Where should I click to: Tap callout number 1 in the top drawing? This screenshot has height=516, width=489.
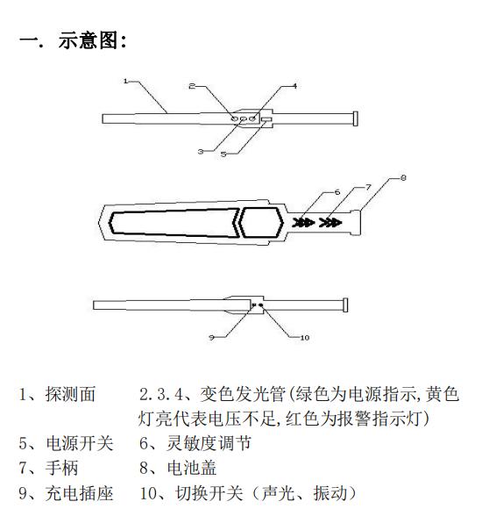(125, 81)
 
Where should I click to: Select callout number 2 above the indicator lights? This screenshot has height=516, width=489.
(192, 86)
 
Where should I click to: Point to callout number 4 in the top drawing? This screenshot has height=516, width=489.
(294, 86)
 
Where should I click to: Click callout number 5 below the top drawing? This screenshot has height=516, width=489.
(223, 154)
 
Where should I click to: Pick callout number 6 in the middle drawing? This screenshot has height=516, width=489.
(337, 192)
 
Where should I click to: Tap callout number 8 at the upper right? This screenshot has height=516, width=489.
(403, 177)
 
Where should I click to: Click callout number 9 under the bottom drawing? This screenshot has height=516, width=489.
(212, 337)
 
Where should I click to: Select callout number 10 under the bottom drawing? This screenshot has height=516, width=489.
(305, 338)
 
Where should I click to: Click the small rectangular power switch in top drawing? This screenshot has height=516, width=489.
(266, 118)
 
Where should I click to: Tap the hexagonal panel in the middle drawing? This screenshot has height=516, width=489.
(261, 223)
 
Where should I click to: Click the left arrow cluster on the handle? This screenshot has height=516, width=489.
(303, 223)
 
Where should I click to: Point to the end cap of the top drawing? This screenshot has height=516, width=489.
(355, 118)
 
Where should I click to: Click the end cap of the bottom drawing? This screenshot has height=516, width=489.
(345, 305)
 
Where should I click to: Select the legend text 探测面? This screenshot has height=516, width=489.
(70, 394)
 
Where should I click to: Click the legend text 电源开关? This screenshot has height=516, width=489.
(80, 443)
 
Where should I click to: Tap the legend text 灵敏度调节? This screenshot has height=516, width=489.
(209, 443)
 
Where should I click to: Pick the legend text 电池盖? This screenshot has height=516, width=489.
(192, 468)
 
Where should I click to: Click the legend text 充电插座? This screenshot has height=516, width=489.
(80, 493)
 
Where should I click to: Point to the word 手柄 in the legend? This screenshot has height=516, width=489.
(61, 468)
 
